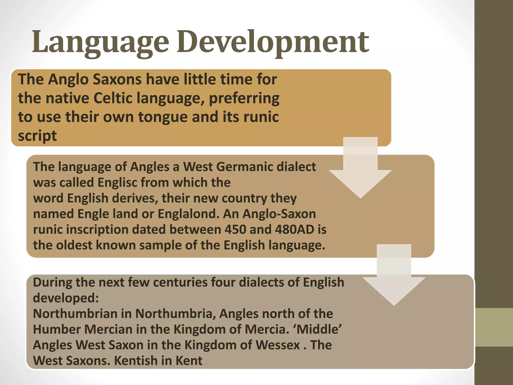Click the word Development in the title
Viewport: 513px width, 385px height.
(x=273, y=42)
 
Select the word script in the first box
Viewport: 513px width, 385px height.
(x=37, y=136)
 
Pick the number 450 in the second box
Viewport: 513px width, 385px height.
(x=235, y=229)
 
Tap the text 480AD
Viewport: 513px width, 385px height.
(x=294, y=229)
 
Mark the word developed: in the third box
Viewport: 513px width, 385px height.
(x=66, y=298)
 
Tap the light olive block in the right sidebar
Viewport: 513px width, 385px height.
(x=494, y=327)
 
